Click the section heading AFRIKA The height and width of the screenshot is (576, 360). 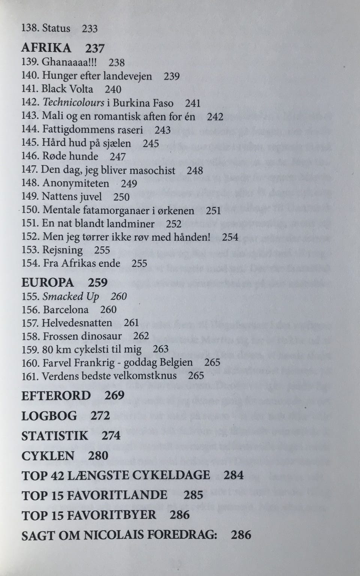pos(46,48)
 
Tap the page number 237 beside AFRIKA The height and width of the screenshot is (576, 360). pos(95,48)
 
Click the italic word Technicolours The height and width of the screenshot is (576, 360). pos(73,103)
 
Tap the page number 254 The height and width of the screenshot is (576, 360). pos(230,237)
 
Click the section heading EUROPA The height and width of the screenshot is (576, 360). pos(48,282)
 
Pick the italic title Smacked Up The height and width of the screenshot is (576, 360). pos(70,296)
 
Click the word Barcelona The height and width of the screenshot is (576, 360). pos(66,310)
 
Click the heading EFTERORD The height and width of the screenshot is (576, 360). pos(56,396)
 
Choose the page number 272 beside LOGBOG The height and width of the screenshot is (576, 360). pos(100,415)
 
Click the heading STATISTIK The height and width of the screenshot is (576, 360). pos(55,436)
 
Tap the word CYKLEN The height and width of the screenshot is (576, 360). pos(48,456)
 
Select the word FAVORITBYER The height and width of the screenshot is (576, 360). pos(111,514)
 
